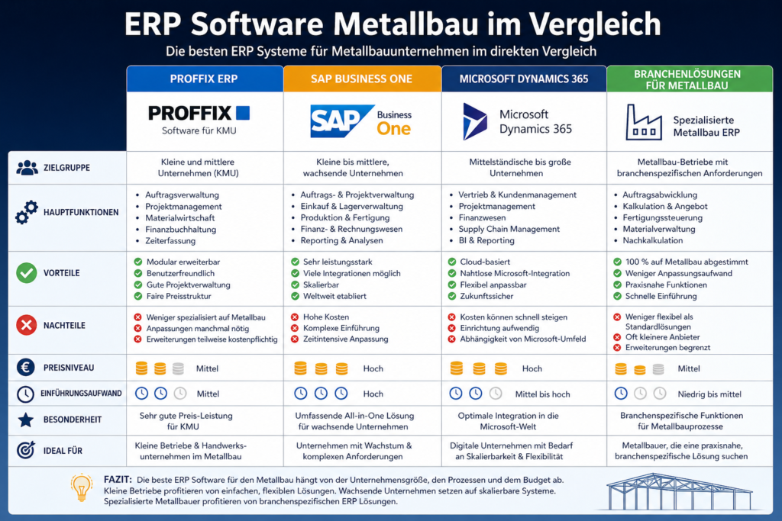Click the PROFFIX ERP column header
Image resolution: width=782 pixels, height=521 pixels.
[x=205, y=79]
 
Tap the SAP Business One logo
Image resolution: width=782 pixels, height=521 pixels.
[x=361, y=121]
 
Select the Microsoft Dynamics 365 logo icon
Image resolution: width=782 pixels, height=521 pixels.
[x=475, y=121]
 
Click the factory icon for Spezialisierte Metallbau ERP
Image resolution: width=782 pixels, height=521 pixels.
[x=643, y=122]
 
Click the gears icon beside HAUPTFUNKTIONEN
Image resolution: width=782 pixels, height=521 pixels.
[x=26, y=213]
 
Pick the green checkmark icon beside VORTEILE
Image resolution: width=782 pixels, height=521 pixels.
[x=26, y=272]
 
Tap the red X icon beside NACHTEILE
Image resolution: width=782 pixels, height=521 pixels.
[x=26, y=326]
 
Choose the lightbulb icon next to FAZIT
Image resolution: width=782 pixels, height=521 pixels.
[x=82, y=487]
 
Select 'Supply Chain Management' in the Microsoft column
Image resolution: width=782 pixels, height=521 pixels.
[x=509, y=229]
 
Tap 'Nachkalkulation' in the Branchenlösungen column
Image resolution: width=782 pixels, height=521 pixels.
[x=652, y=240]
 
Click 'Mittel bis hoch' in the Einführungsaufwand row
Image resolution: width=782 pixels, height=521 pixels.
[x=542, y=394]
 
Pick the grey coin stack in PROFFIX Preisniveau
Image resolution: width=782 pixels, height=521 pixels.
[x=178, y=368]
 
